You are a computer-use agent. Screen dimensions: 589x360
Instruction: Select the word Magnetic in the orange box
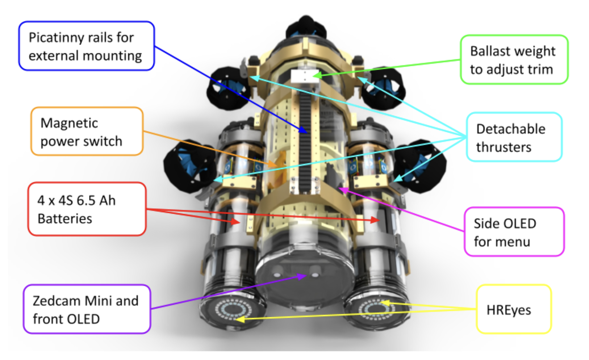(69, 123)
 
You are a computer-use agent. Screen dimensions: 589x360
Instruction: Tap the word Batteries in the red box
(65, 218)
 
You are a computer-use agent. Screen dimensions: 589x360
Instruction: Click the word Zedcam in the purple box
(57, 301)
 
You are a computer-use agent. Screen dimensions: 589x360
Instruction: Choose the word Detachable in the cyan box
(511, 129)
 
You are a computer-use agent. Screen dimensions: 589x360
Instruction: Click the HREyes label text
(509, 310)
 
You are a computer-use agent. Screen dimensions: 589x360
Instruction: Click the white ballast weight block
(305, 76)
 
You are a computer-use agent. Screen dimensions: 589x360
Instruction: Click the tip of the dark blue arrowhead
(307, 133)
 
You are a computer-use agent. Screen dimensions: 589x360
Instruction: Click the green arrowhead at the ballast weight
(313, 76)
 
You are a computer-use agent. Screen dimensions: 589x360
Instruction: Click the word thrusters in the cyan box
(504, 147)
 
